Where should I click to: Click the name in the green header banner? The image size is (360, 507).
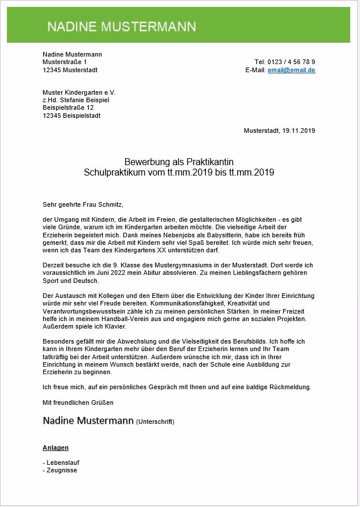(121, 27)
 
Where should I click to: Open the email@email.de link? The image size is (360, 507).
(291, 70)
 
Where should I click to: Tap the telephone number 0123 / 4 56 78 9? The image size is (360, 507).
(293, 62)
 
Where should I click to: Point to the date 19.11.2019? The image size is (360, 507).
(298, 131)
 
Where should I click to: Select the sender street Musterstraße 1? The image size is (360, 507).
(65, 62)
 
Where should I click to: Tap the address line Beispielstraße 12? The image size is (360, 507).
(68, 107)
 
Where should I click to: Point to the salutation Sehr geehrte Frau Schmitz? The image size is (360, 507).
(83, 204)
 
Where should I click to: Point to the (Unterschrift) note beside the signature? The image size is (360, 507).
(155, 422)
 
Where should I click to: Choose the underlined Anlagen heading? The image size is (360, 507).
(55, 448)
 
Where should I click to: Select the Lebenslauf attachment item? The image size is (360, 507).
(62, 463)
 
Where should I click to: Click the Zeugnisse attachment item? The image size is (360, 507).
(61, 470)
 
